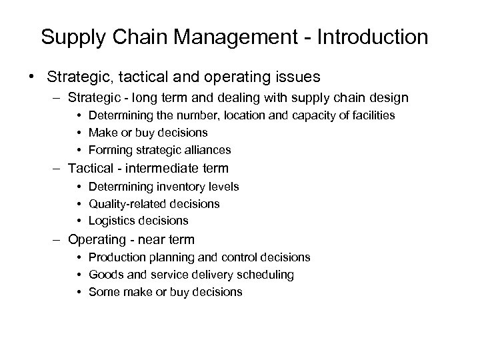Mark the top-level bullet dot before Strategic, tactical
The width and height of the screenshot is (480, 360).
32,73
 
